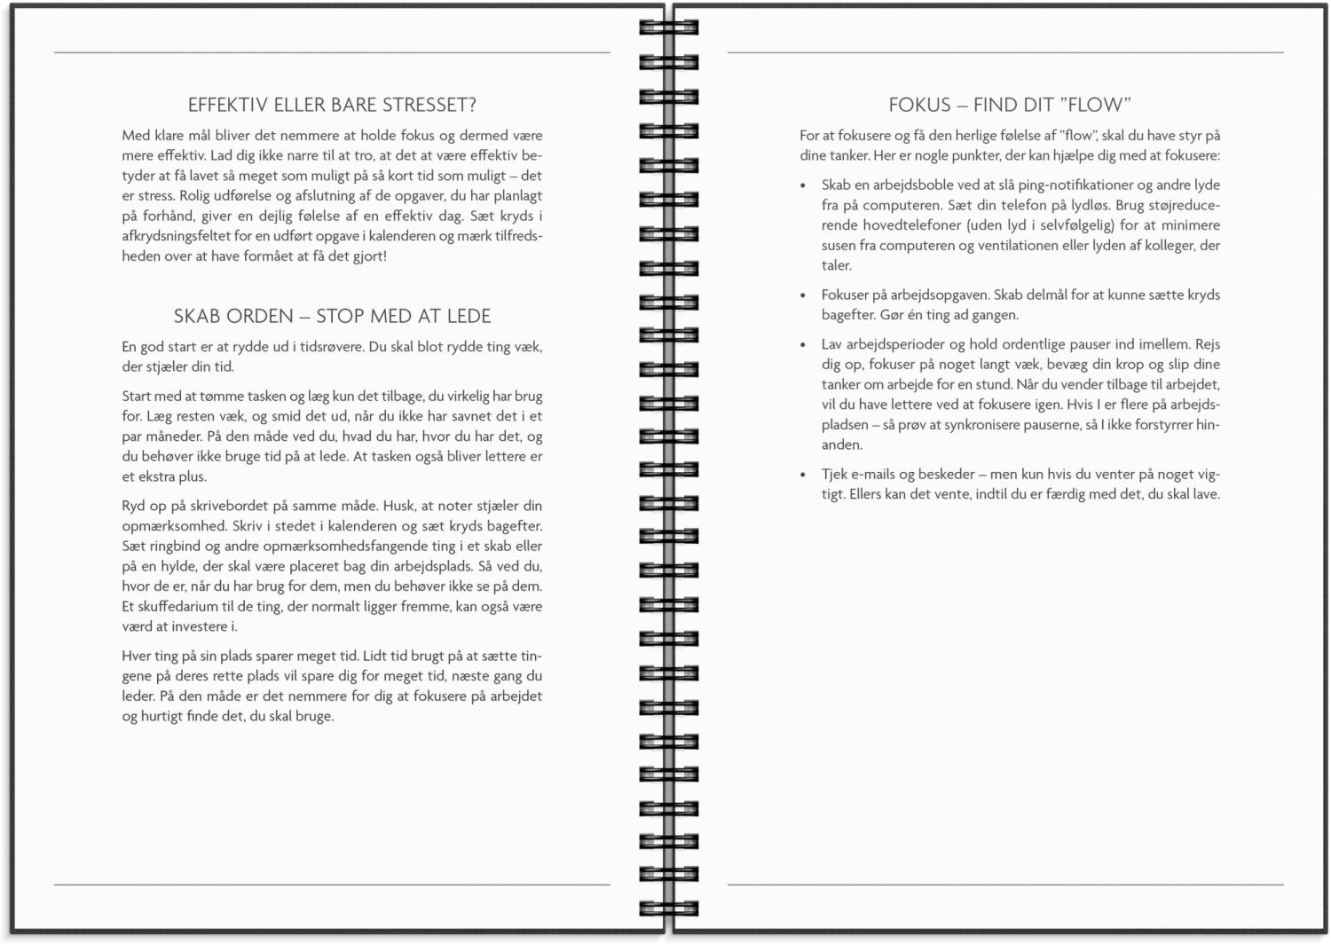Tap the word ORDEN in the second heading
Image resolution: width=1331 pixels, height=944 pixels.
click(261, 316)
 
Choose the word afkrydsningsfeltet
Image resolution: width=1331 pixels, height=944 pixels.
click(177, 236)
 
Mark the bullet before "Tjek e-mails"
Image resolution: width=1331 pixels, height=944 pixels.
click(804, 475)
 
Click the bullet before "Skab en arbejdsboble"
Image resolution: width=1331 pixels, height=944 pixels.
click(804, 185)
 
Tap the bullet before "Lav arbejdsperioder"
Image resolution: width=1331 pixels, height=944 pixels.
click(804, 344)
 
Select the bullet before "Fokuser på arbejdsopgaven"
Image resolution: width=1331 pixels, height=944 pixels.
click(804, 295)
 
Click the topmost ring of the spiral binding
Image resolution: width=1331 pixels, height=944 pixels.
click(668, 28)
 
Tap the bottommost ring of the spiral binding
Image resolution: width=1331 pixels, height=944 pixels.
click(668, 909)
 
